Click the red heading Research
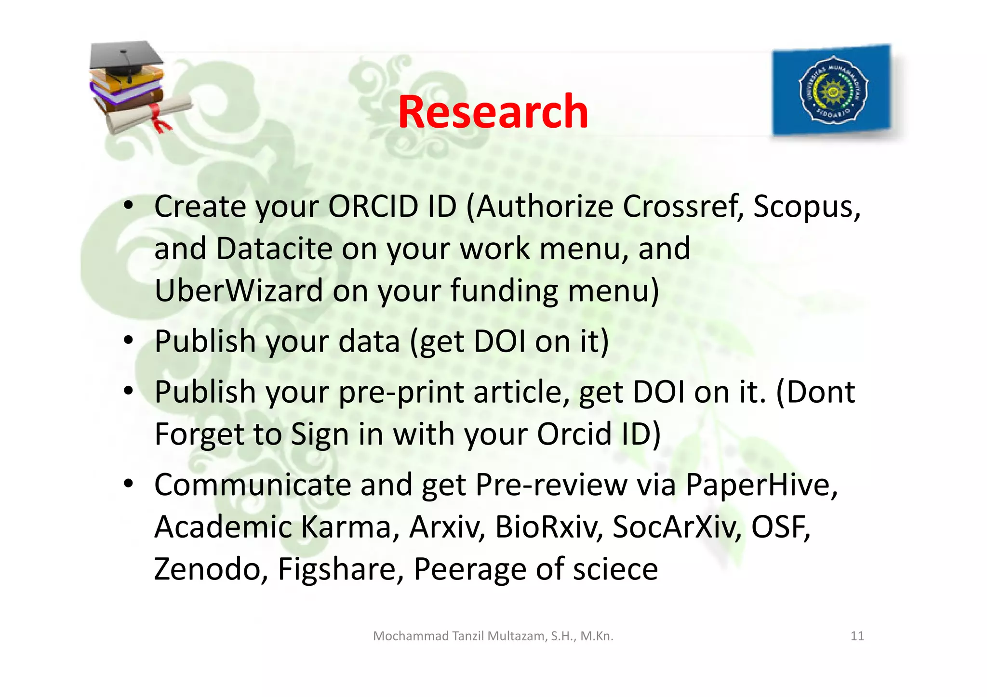[493, 112]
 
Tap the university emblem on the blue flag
[833, 90]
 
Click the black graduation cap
[126, 58]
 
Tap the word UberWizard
[239, 291]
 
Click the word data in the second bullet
[369, 342]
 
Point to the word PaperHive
[761, 485]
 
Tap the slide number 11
[857, 636]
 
